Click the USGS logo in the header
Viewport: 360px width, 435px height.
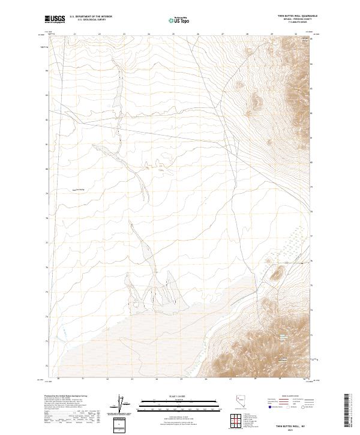[x=55, y=19]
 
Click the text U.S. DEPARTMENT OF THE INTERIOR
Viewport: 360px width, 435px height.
[x=91, y=17]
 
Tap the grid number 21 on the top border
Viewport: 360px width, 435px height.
[x=74, y=34]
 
